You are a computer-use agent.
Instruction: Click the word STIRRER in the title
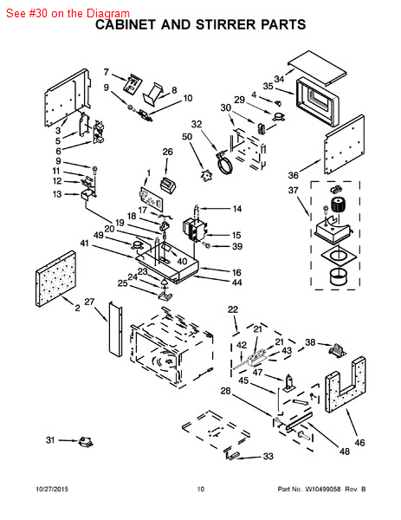225,24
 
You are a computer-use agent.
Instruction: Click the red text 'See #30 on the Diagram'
68,13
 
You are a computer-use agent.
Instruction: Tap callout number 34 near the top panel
279,79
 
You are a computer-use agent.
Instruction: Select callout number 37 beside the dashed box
293,191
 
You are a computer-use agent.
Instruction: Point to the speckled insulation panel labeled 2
55,278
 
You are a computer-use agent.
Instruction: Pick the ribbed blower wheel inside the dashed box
339,205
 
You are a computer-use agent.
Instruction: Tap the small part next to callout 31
86,441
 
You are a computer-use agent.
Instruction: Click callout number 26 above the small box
167,152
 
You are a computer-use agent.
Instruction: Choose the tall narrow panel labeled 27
115,329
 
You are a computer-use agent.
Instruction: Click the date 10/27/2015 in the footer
52,489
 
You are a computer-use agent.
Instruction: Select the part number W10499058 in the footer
322,489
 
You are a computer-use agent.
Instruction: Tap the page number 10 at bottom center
201,489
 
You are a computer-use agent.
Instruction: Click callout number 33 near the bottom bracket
268,457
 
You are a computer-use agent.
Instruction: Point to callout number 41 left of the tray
85,243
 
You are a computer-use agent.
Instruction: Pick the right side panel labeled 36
344,145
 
